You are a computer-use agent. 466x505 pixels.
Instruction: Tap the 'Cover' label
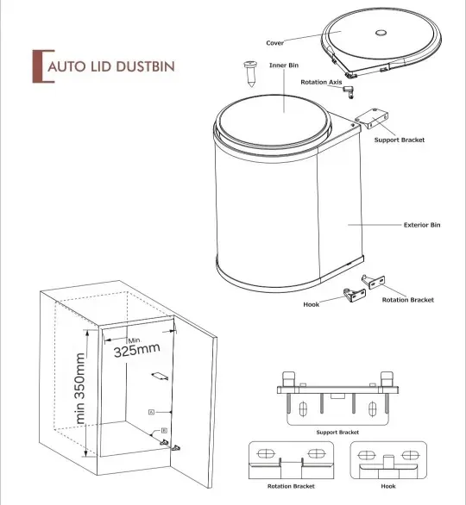click(x=275, y=42)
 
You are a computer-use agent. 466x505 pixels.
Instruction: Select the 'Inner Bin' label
click(x=283, y=65)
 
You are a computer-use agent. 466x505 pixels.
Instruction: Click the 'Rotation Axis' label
click(x=321, y=82)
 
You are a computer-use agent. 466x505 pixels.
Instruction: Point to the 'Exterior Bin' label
click(x=422, y=225)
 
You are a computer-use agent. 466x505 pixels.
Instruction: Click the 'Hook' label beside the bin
click(x=312, y=304)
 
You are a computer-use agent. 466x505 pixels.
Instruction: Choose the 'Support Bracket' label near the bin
click(x=399, y=140)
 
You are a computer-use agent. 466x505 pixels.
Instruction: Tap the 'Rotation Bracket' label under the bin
click(x=407, y=300)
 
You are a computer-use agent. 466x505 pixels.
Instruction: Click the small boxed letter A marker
click(x=151, y=413)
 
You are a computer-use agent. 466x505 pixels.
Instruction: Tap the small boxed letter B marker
click(x=163, y=429)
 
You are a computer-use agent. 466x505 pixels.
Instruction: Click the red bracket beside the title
click(x=35, y=66)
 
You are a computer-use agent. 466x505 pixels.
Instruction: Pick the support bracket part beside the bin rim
click(x=371, y=117)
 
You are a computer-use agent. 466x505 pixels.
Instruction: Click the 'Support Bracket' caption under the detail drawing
click(x=337, y=432)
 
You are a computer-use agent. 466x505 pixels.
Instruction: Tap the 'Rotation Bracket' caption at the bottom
click(x=290, y=486)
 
